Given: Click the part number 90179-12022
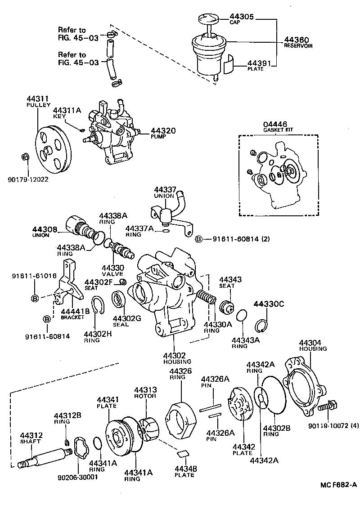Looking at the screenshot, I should point(28,179).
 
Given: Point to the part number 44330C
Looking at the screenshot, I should point(269,304).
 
